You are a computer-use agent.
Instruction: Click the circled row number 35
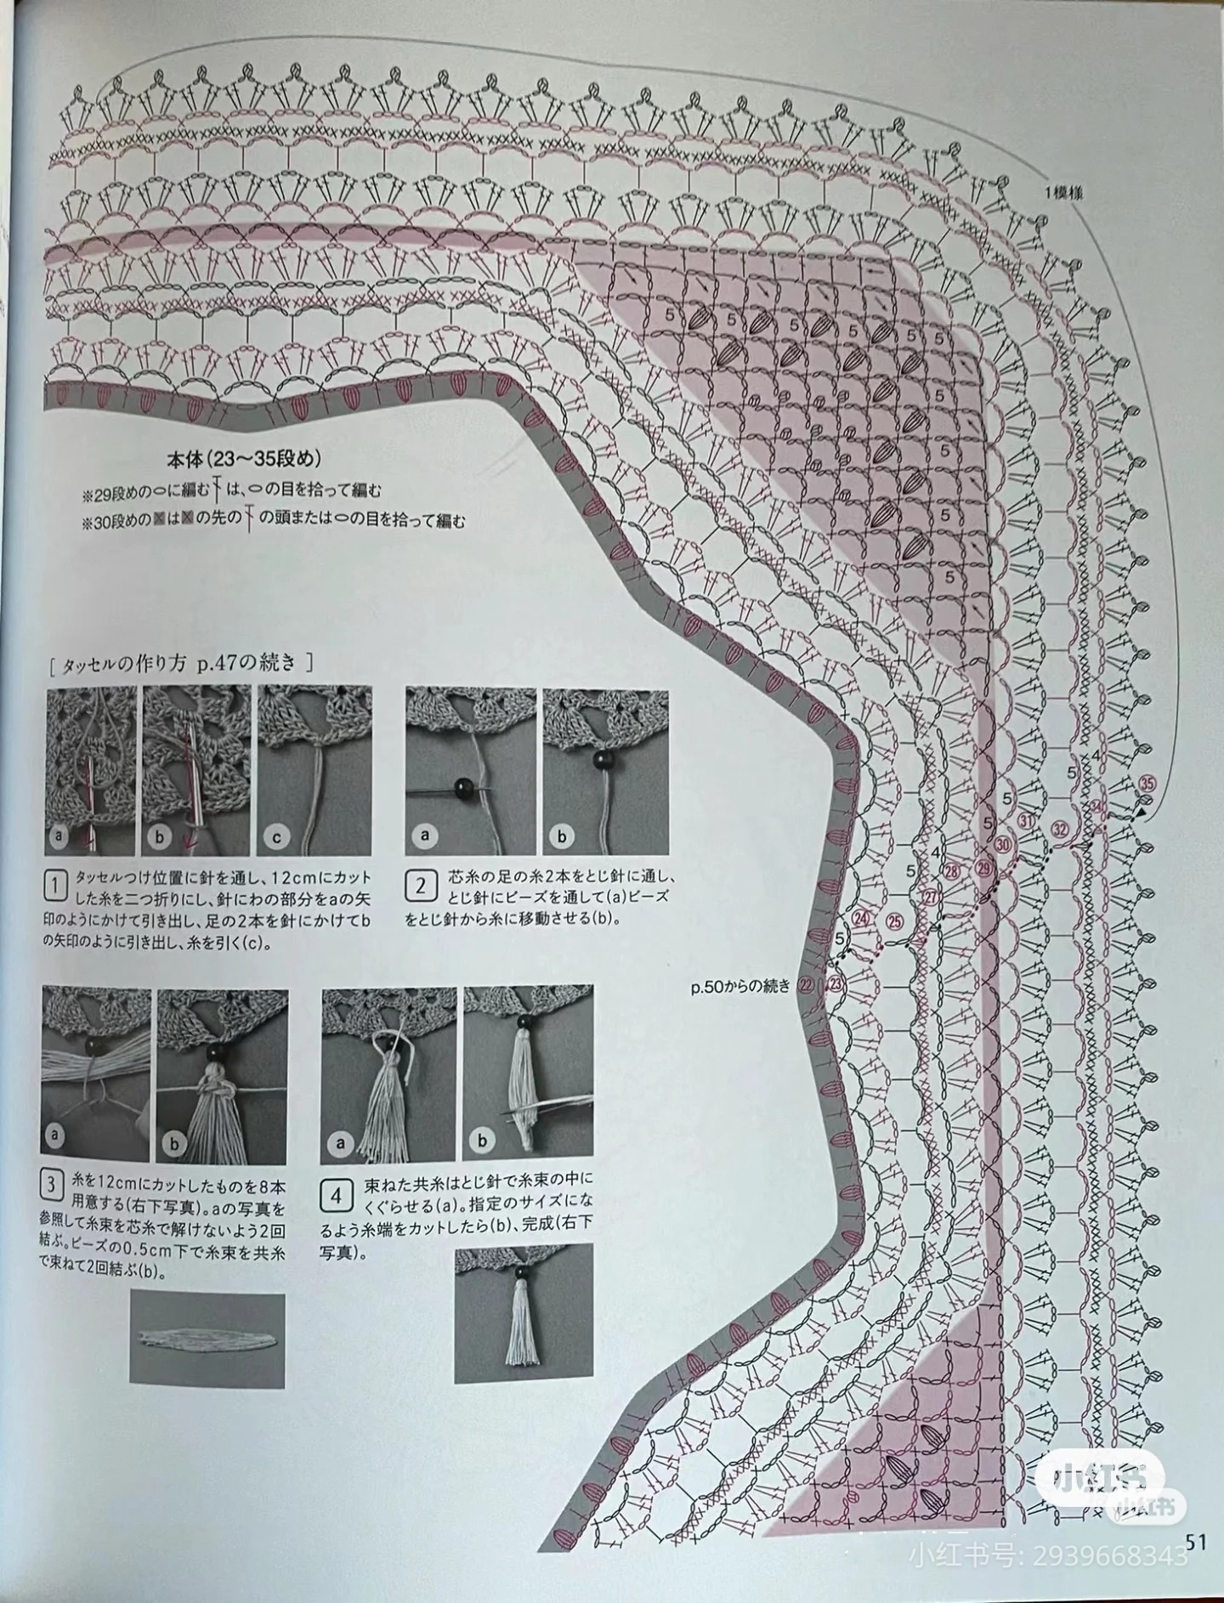click(x=1148, y=783)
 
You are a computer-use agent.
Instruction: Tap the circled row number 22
click(x=806, y=983)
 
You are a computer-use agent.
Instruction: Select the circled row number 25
click(x=896, y=923)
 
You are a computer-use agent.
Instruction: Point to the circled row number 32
click(x=1059, y=829)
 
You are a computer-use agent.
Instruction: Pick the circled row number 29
click(x=984, y=868)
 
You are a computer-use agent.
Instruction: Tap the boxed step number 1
click(x=55, y=886)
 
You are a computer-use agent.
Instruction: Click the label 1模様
click(x=1065, y=193)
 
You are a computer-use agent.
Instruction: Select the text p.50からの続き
click(x=740, y=986)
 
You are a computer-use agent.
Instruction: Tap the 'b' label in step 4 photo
click(x=482, y=1141)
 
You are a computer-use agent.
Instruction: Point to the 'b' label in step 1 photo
click(x=159, y=836)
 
